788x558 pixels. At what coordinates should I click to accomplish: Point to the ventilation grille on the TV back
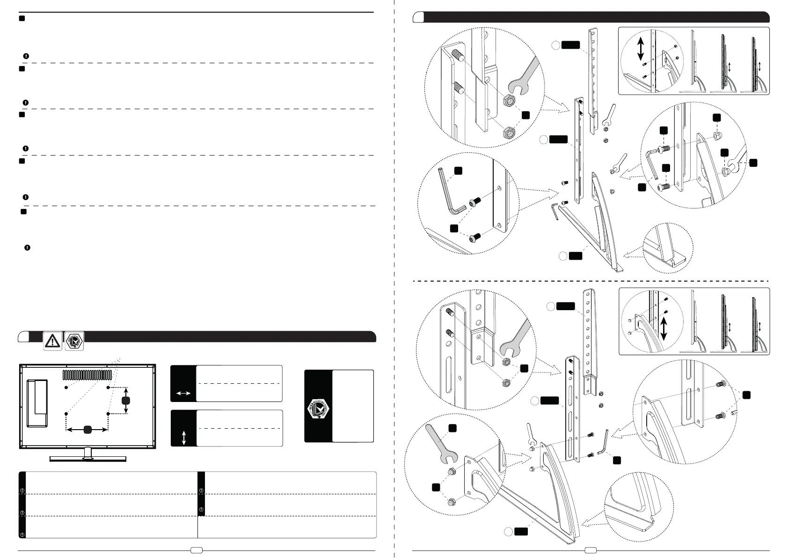(x=88, y=375)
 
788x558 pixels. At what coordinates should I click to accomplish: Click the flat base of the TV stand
(x=88, y=459)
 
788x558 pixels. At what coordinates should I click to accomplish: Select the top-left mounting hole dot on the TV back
(x=66, y=388)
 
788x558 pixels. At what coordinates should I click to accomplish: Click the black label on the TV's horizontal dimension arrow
(x=87, y=429)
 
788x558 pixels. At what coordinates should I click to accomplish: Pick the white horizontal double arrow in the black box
(x=183, y=394)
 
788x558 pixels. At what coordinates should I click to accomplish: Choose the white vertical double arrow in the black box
(x=183, y=438)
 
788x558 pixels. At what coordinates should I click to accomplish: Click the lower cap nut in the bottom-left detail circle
(x=452, y=502)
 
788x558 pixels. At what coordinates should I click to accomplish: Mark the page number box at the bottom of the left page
(x=197, y=550)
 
